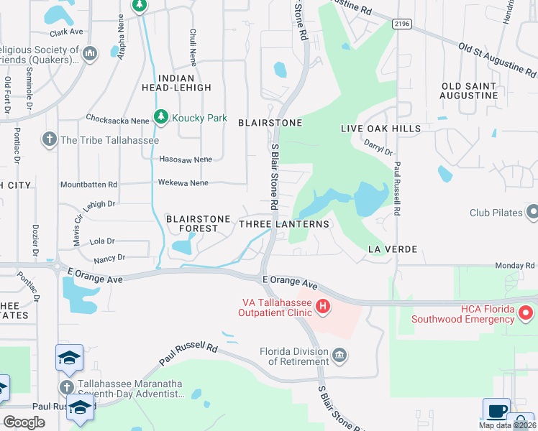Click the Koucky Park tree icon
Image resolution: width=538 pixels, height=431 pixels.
pyautogui.click(x=162, y=117)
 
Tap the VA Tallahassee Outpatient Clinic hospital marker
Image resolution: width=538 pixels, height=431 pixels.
pyautogui.click(x=324, y=307)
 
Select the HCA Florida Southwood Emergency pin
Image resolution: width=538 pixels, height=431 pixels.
pyautogui.click(x=526, y=312)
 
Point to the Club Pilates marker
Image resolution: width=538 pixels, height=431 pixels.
pyautogui.click(x=532, y=213)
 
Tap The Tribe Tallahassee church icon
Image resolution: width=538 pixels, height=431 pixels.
pyautogui.click(x=50, y=139)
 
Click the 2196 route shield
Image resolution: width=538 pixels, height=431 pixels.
pyautogui.click(x=403, y=24)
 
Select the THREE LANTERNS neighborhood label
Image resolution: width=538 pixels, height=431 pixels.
pyautogui.click(x=283, y=224)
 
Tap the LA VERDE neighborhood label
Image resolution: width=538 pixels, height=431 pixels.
pyautogui.click(x=393, y=249)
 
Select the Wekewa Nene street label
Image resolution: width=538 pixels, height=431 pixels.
pyautogui.click(x=183, y=183)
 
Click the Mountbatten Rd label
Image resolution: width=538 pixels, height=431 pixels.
pyautogui.click(x=88, y=185)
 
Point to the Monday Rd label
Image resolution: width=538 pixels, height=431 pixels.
pyautogui.click(x=515, y=266)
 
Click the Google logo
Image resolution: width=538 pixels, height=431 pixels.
pyautogui.click(x=24, y=422)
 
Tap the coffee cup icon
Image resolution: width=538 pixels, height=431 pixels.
pyautogui.click(x=496, y=411)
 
